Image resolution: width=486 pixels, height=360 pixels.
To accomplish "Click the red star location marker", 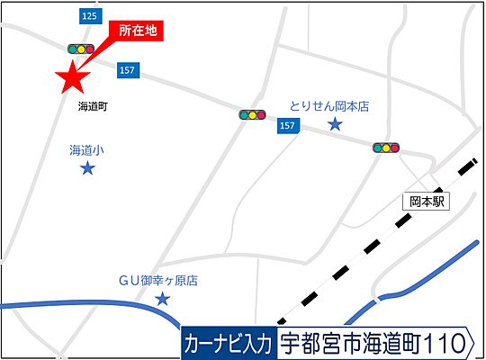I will [72, 79].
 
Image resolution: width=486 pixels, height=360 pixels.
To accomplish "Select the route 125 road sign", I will [88, 17].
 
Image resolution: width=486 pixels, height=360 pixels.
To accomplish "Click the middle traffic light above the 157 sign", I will [252, 115].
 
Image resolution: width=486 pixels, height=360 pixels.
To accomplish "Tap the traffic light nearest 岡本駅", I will [387, 148].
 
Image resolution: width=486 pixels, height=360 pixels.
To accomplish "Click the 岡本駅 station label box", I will [427, 202].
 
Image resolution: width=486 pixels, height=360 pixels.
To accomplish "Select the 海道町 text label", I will [93, 106].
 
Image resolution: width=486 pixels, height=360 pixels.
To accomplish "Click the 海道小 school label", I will [87, 150].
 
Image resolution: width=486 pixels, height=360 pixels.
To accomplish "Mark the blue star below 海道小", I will [87, 168].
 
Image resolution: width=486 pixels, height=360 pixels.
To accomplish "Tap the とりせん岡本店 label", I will [329, 105].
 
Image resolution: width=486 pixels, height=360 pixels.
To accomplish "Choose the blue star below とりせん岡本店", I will [335, 124].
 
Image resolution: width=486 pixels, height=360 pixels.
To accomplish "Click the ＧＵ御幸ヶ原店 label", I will [158, 281].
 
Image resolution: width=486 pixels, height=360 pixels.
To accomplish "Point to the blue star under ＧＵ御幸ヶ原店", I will [163, 299].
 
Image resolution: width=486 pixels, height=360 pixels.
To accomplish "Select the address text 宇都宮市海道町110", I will [374, 343].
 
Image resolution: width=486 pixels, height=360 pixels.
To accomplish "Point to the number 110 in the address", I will [446, 343].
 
